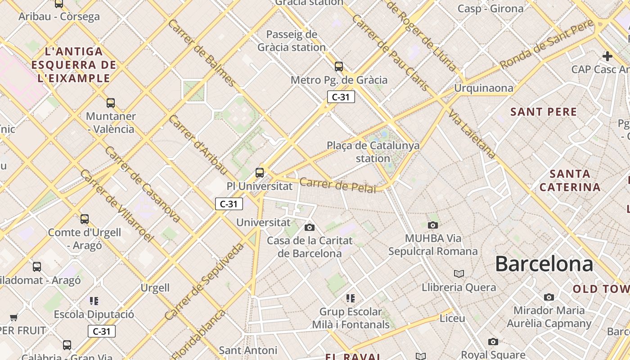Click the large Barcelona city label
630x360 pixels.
(x=544, y=264)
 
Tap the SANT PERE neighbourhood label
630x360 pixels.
(x=544, y=112)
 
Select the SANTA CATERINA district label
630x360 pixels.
(x=570, y=180)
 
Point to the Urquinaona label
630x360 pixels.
(x=483, y=88)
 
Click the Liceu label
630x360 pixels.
(x=452, y=319)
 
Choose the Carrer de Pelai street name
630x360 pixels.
(x=337, y=185)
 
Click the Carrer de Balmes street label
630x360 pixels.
(x=201, y=53)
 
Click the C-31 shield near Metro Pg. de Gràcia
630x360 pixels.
(x=341, y=97)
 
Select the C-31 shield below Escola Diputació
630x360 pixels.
(x=102, y=332)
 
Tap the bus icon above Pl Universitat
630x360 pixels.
(x=259, y=172)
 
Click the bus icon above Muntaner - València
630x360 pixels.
(x=111, y=103)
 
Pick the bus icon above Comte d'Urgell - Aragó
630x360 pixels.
(x=85, y=219)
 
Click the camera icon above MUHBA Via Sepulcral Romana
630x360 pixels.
(x=433, y=225)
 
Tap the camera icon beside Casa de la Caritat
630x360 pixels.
(x=310, y=228)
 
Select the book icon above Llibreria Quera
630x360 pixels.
(x=459, y=274)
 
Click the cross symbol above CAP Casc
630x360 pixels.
(x=607, y=56)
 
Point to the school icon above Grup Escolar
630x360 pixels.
(x=351, y=298)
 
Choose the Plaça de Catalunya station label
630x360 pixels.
(x=373, y=152)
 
